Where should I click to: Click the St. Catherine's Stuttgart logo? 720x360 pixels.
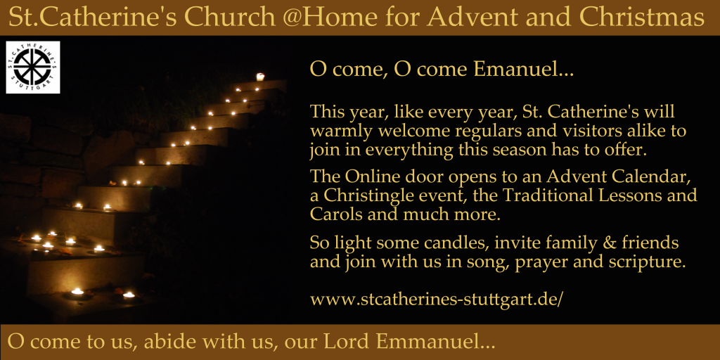pyautogui.click(x=32, y=67)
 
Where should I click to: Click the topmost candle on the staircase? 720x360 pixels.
pyautogui.click(x=260, y=77)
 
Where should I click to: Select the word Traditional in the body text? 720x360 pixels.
pyautogui.click(x=542, y=195)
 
